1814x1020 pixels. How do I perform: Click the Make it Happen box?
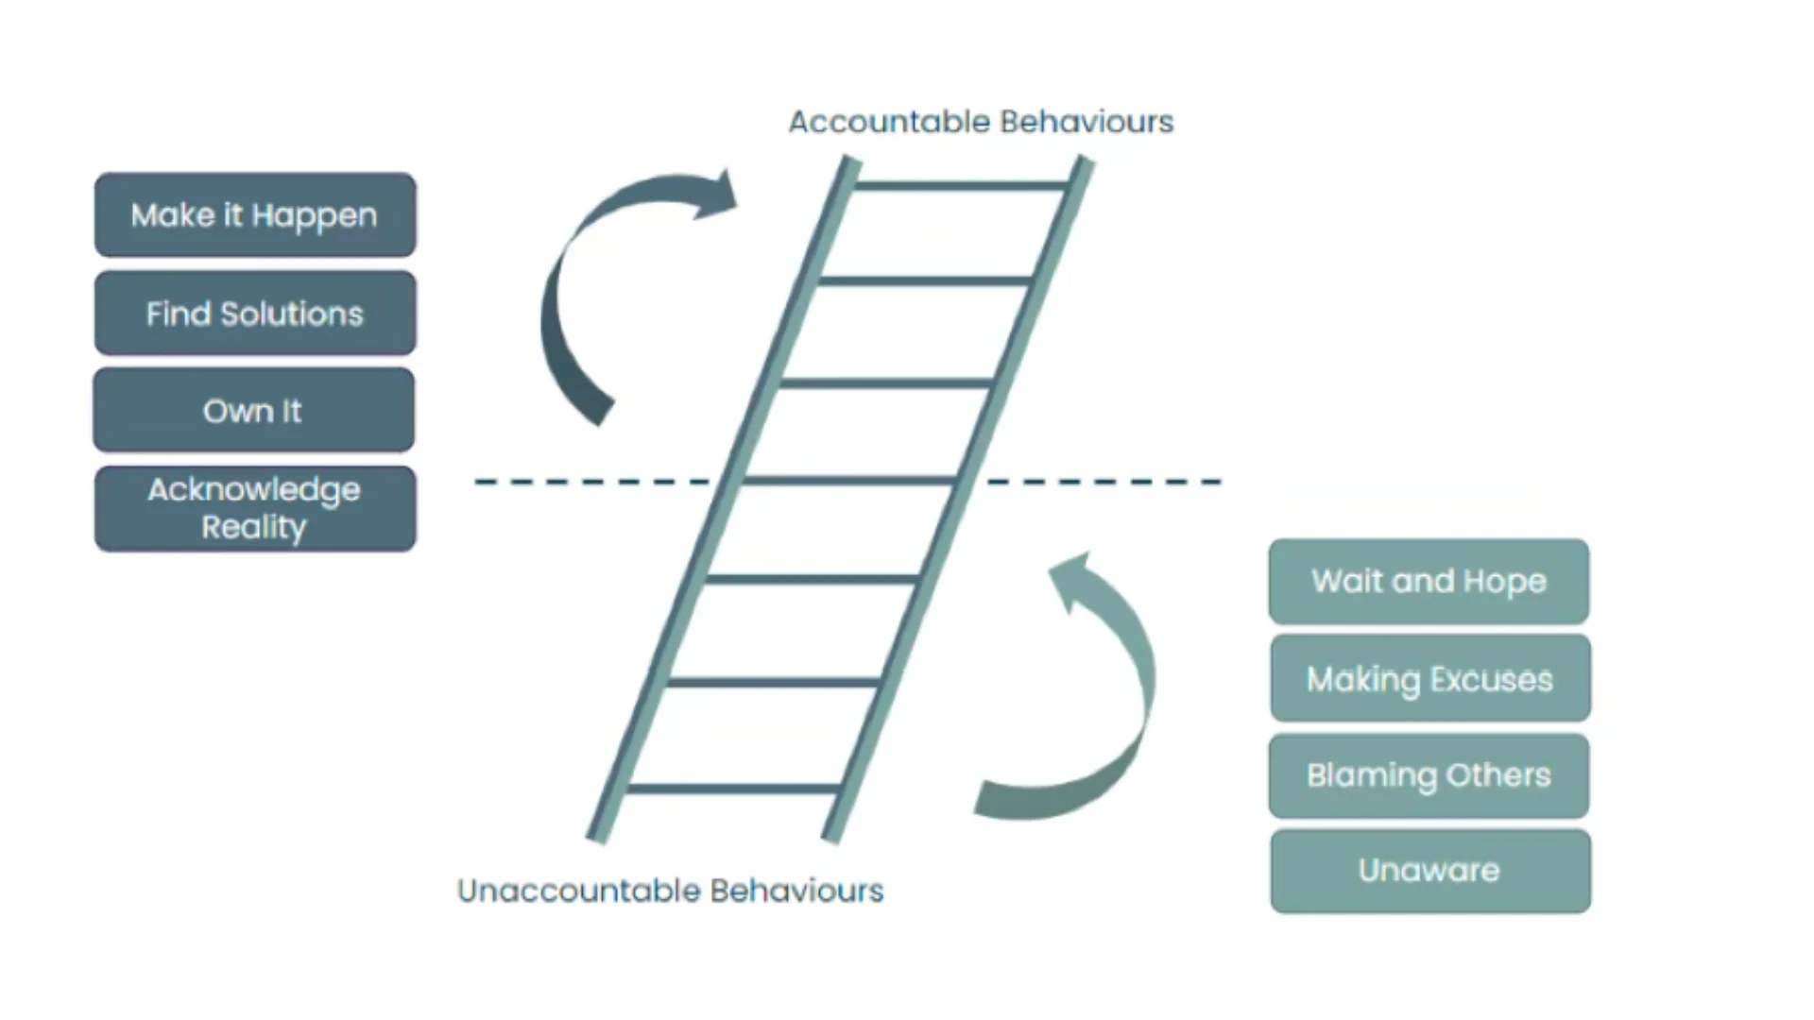click(255, 215)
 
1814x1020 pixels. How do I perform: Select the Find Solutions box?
click(255, 314)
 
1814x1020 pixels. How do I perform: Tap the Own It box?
click(253, 411)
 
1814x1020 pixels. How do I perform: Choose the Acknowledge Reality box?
click(255, 508)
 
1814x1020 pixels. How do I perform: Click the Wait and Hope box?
click(1429, 581)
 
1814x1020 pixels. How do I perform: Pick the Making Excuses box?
click(1429, 679)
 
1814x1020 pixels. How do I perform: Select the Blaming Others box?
click(1429, 775)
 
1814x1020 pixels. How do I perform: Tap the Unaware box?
click(1429, 871)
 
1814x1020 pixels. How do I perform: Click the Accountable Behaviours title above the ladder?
click(981, 122)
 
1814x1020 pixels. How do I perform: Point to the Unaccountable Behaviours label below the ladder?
click(670, 891)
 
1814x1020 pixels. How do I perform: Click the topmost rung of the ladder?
click(961, 186)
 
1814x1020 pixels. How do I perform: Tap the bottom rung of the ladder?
click(733, 788)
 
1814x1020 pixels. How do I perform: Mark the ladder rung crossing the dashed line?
click(848, 481)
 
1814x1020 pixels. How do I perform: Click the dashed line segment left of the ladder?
click(590, 482)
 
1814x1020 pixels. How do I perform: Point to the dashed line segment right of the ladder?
click(1105, 482)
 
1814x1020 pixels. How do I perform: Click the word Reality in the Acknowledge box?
click(253, 527)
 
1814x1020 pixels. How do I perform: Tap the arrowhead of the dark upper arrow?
click(718, 194)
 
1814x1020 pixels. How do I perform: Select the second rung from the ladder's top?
click(925, 280)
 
